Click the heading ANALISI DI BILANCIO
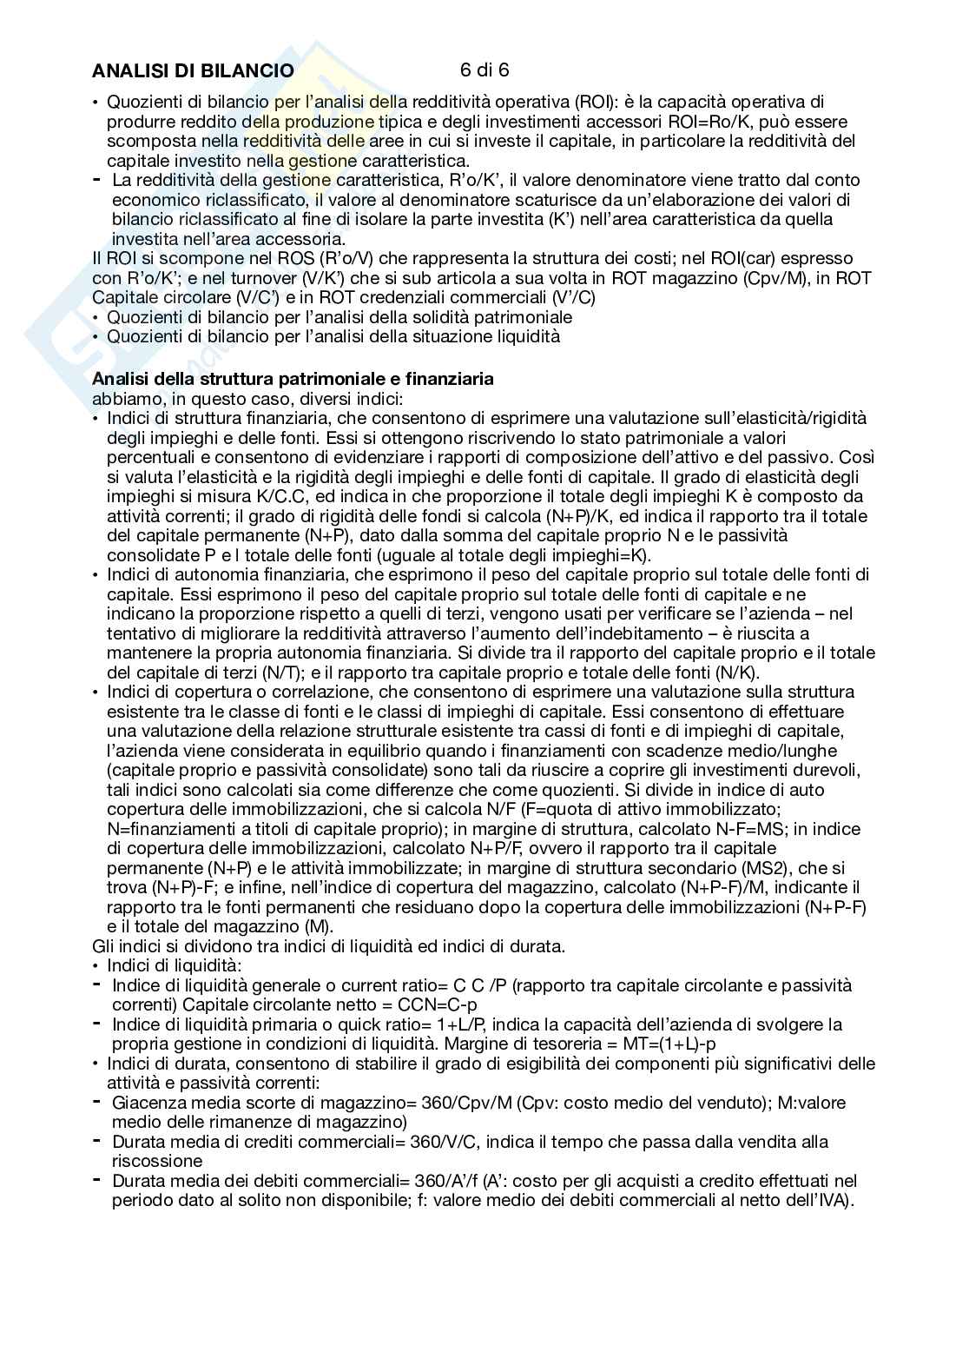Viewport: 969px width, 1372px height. [192, 70]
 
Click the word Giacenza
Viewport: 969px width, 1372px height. [144, 1103]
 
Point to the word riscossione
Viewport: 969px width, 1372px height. [157, 1161]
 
